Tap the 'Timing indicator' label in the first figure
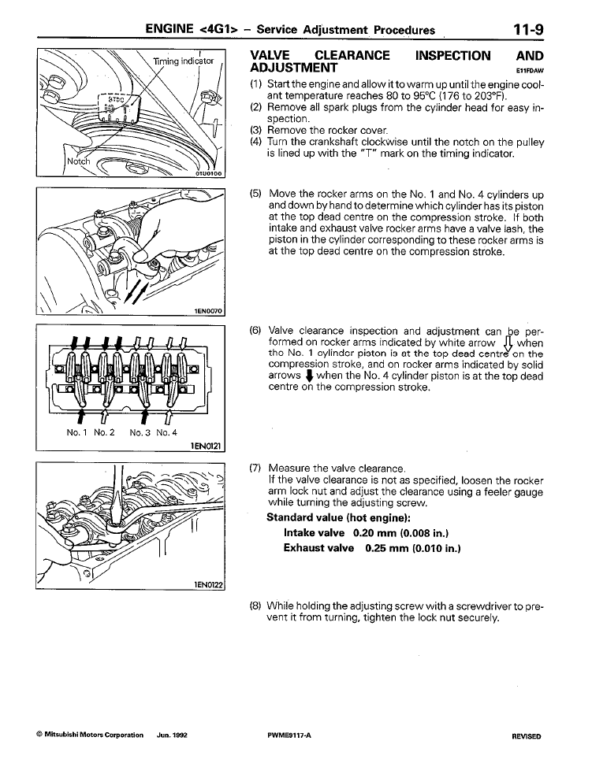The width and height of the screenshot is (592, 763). [179, 61]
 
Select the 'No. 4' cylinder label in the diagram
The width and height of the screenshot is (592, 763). [165, 432]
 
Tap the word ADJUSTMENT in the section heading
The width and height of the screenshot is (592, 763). [294, 69]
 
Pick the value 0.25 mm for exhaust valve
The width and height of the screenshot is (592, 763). [386, 547]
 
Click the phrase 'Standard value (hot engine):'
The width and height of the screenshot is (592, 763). [339, 518]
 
